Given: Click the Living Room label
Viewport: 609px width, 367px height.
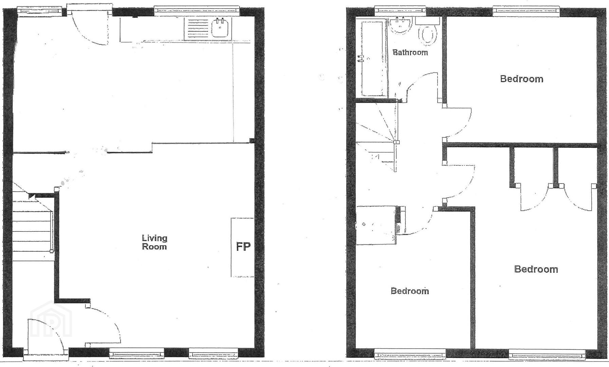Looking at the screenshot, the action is click(154, 242).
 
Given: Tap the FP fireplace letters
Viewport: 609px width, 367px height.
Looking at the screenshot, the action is click(243, 246).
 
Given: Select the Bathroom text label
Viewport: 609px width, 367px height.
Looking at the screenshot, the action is click(410, 52).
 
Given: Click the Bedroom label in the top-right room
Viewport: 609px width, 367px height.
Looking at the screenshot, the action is click(521, 79).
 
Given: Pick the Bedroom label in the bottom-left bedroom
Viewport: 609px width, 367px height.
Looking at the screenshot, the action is click(410, 291).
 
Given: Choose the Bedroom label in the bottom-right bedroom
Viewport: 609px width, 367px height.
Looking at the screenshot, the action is click(536, 269).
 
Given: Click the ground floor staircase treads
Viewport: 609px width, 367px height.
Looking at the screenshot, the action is click(32, 226).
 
